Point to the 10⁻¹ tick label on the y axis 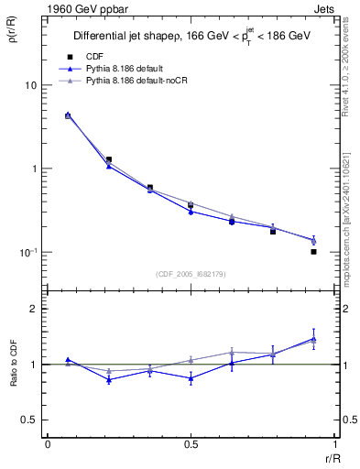pos(27,252)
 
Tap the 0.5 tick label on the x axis pos(190,444)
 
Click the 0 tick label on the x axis pos(47,444)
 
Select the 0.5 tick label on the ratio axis pos(28,420)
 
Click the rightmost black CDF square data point pos(313,251)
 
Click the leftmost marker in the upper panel pos(68,115)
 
